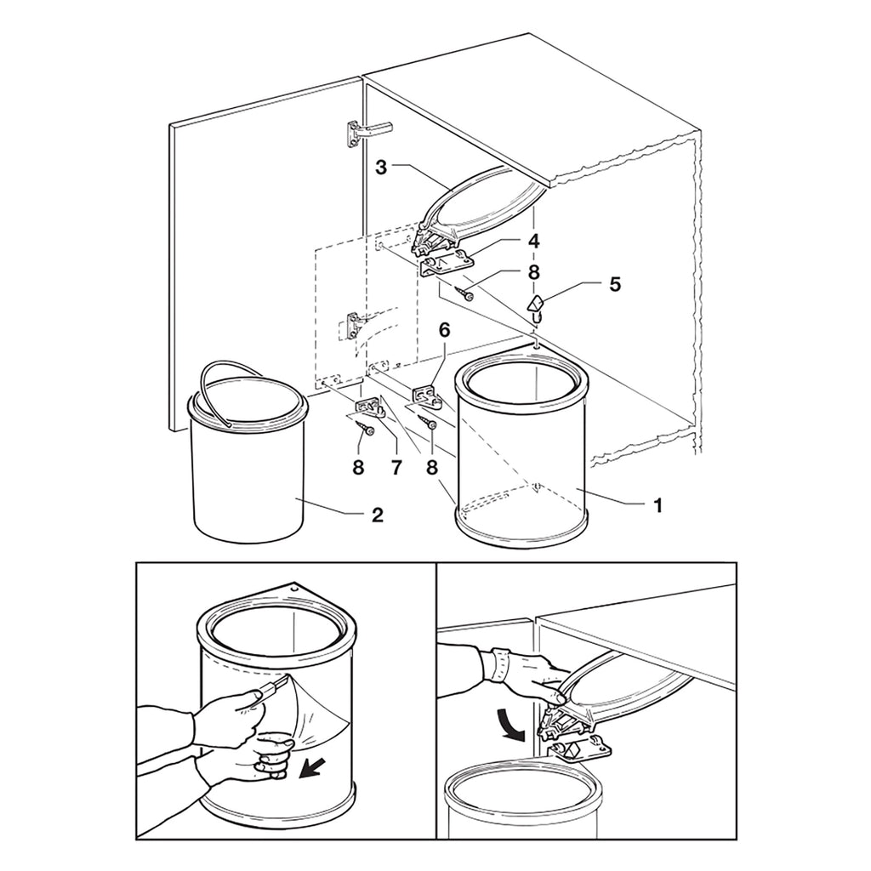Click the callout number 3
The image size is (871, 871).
[380, 168]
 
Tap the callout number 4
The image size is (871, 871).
[533, 241]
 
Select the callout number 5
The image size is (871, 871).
[614, 284]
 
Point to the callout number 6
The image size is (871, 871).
[444, 330]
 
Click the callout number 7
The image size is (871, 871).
[396, 467]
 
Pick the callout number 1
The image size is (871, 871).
[658, 505]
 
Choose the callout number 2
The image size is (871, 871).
[377, 515]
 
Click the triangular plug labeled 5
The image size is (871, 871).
[536, 305]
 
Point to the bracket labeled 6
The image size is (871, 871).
[427, 396]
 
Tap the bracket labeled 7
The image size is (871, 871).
[369, 407]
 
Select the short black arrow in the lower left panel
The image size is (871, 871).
[310, 769]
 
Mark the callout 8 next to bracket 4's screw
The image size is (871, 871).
[533, 272]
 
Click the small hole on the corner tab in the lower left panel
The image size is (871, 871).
[295, 587]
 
